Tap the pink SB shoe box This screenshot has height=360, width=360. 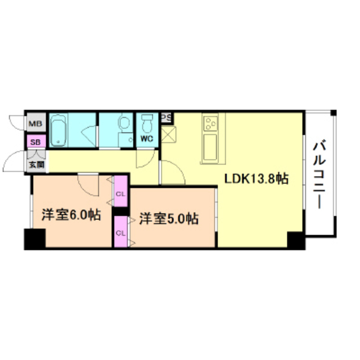35,143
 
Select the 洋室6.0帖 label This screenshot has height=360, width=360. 71,215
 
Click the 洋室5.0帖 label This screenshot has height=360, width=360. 169,218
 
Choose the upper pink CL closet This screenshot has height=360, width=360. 120,193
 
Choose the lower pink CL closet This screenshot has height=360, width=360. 120,231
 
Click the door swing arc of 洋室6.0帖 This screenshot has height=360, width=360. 89,183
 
